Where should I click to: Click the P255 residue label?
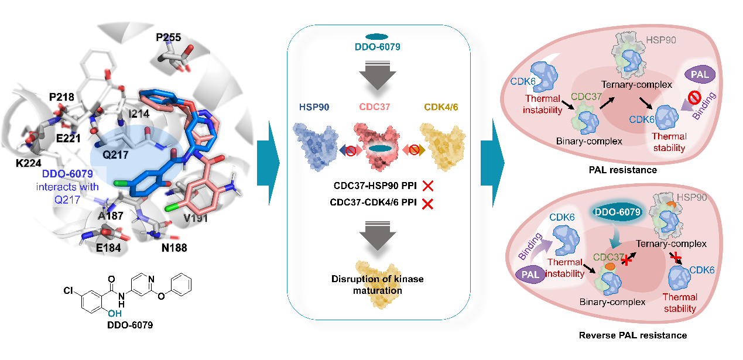coord(168,37)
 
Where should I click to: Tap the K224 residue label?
coord(29,162)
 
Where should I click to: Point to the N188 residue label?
coord(174,248)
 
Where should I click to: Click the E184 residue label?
coord(109,248)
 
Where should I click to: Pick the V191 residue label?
coord(196,219)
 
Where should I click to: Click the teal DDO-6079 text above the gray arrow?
coord(378,47)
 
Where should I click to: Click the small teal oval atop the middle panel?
coord(377,37)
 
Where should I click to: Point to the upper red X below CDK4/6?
coord(427,186)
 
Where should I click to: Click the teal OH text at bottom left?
coord(115,314)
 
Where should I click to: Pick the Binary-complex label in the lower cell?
coord(612,302)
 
